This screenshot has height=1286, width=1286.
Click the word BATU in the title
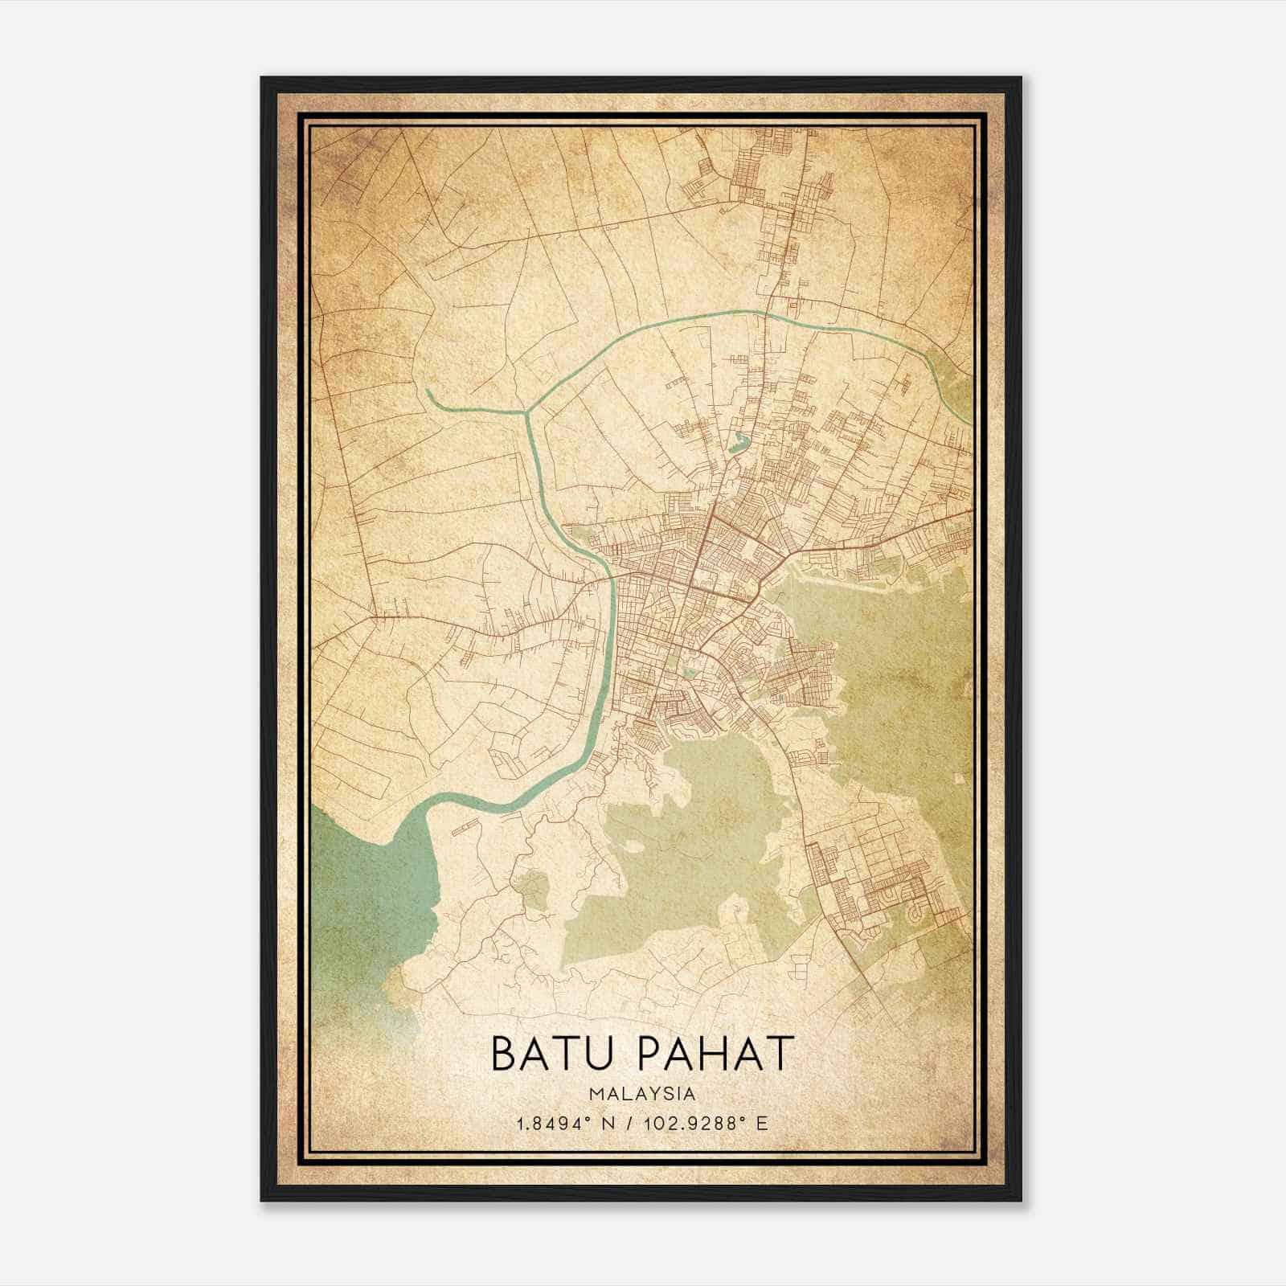click(553, 1054)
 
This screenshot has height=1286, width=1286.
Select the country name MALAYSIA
click(642, 1093)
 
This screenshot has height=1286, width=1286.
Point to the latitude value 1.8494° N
click(567, 1123)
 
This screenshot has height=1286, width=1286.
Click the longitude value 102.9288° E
click(708, 1123)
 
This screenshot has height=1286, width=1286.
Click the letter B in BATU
click(504, 1054)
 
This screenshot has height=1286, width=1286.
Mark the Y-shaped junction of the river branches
click(528, 413)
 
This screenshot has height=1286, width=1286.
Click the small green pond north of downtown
click(737, 440)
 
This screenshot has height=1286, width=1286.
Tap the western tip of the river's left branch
click(428, 391)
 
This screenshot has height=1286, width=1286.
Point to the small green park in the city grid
click(690, 674)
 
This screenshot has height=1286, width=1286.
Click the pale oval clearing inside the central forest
click(634, 846)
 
